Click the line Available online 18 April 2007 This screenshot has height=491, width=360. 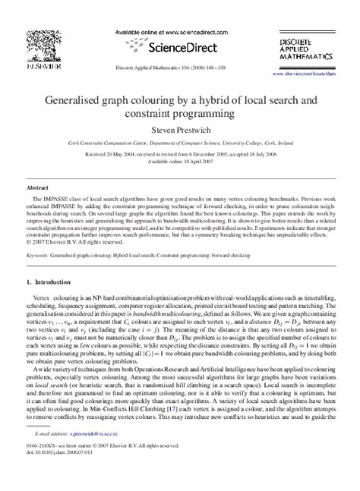point(180,163)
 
